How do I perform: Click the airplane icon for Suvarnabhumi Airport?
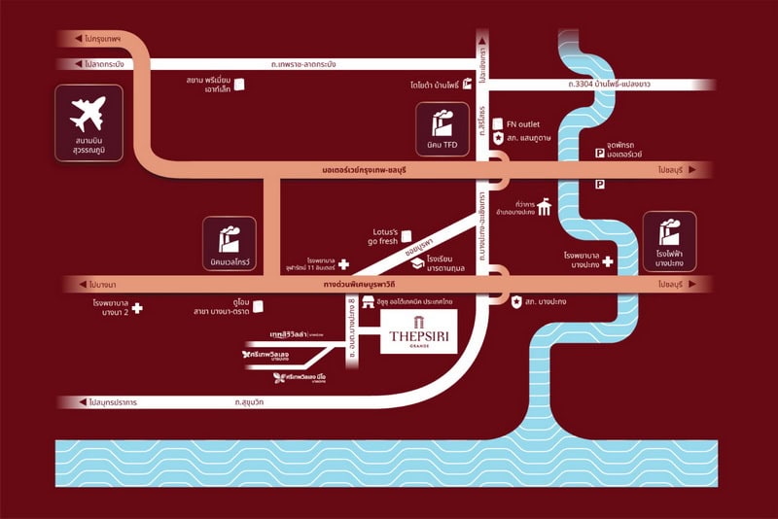(88, 115)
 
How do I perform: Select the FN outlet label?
(523, 123)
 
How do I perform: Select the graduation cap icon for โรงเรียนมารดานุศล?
(417, 262)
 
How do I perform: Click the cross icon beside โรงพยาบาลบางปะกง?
(607, 261)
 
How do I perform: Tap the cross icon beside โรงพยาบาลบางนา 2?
(137, 309)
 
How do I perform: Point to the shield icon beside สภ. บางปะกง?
(517, 301)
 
